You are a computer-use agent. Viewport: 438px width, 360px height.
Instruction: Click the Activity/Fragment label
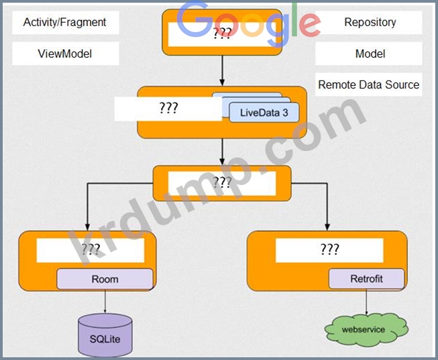click(65, 22)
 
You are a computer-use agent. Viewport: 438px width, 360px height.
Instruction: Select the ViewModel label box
click(65, 54)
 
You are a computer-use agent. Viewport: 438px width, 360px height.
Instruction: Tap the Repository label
click(370, 22)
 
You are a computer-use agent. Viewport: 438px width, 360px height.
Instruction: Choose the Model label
click(370, 54)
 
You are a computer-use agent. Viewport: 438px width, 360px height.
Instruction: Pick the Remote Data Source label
click(368, 84)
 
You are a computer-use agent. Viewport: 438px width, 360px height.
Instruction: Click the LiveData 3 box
click(264, 113)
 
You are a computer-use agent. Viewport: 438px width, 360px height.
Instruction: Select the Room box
click(105, 279)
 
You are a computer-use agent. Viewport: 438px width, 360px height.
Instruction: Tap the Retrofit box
click(366, 278)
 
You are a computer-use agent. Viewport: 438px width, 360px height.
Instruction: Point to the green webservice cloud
click(365, 330)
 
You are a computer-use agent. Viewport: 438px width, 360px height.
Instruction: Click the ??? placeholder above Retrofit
click(329, 250)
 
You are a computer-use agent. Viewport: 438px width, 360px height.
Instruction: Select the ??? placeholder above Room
click(90, 250)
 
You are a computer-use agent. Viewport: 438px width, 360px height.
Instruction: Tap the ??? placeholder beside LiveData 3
click(168, 109)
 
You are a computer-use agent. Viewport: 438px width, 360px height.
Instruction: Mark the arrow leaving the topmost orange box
click(221, 70)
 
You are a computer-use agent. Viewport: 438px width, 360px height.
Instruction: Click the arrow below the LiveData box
click(221, 151)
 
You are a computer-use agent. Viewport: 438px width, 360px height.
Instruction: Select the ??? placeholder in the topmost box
click(221, 34)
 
